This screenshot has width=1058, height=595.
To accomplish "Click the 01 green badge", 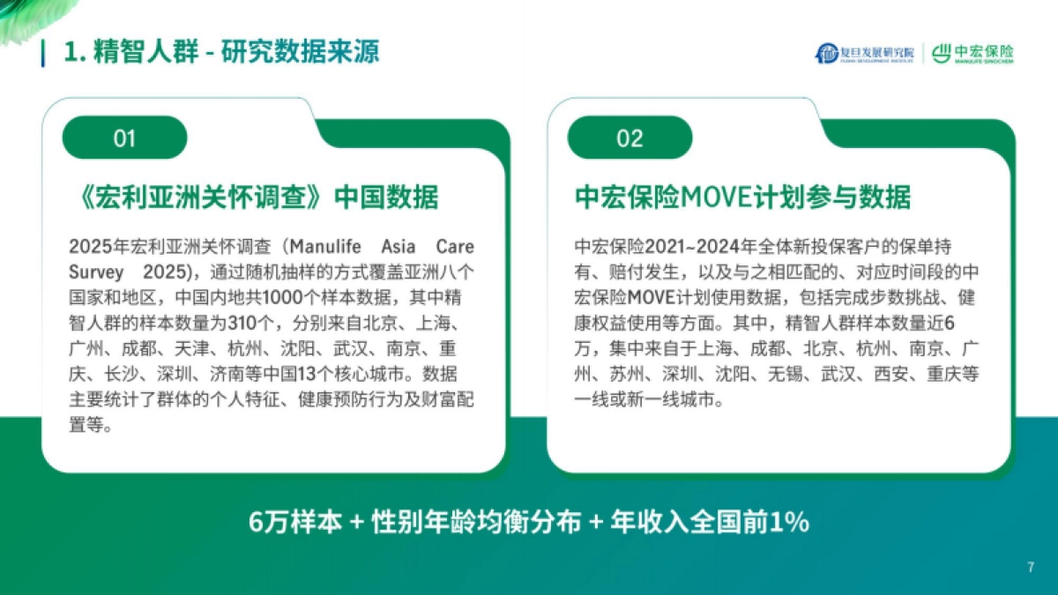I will (124, 138).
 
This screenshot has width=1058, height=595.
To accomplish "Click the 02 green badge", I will (630, 138).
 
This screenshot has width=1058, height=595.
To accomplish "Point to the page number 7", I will (1030, 567).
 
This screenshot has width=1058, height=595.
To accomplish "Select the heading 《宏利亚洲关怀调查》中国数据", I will (253, 197).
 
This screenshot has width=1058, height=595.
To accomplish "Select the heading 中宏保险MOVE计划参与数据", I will (742, 197).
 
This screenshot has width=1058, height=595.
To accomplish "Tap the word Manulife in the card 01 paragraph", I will (326, 245).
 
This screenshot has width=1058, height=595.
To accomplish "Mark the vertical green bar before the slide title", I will (43, 52).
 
